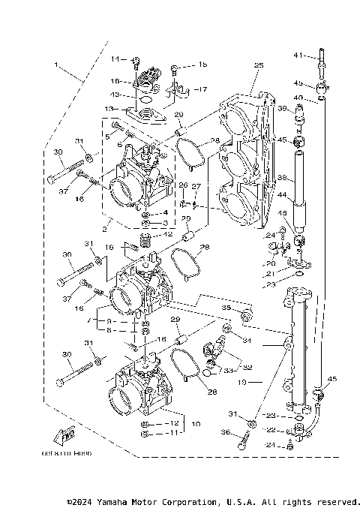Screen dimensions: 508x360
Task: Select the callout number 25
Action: pos(259,66)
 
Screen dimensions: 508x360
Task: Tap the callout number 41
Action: pos(297,56)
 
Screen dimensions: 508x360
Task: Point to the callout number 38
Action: pos(282,178)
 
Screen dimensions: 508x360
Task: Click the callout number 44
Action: pos(282,195)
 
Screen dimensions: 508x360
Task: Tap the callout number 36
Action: pos(224,431)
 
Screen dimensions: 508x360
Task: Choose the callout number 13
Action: pos(109,109)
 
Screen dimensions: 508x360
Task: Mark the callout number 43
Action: pos(115,95)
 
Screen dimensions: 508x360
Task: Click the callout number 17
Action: pos(202,89)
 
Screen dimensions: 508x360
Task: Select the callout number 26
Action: pos(183,185)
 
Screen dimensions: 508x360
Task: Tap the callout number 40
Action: pos(298,98)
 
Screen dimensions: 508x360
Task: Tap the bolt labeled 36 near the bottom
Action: pos(243,442)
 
